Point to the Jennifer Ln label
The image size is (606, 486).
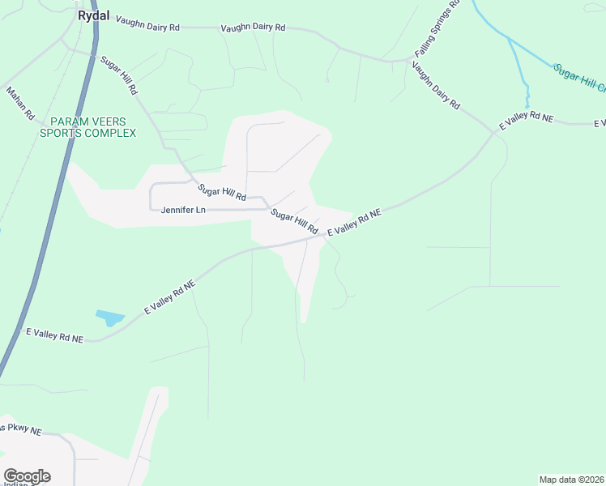[183, 210]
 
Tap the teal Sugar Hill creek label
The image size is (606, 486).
[578, 78]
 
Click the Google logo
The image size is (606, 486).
[27, 476]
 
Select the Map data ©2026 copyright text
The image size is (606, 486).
[572, 479]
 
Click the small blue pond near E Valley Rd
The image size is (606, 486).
[108, 317]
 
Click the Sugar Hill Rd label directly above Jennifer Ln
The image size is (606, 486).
[221, 193]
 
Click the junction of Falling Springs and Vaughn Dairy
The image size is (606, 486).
[409, 60]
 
